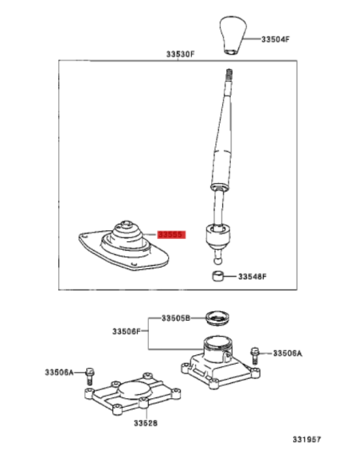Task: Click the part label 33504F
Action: [x=276, y=39]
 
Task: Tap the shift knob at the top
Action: [x=233, y=36]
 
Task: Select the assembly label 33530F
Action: [x=180, y=54]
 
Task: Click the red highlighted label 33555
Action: [x=171, y=235]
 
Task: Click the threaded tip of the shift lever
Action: [x=229, y=74]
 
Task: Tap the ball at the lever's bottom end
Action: [x=217, y=261]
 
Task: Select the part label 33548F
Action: [x=252, y=276]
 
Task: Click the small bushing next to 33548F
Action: [x=218, y=276]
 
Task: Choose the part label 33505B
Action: [x=176, y=318]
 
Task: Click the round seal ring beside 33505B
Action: [x=218, y=318]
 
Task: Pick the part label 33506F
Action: [x=127, y=331]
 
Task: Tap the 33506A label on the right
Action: [x=288, y=354]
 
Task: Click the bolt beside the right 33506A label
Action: [x=254, y=356]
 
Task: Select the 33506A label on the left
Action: [x=59, y=372]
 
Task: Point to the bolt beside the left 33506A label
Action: [x=89, y=376]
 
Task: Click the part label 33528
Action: [x=146, y=423]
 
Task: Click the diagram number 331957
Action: [x=307, y=440]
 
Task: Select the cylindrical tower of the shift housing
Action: [x=217, y=350]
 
